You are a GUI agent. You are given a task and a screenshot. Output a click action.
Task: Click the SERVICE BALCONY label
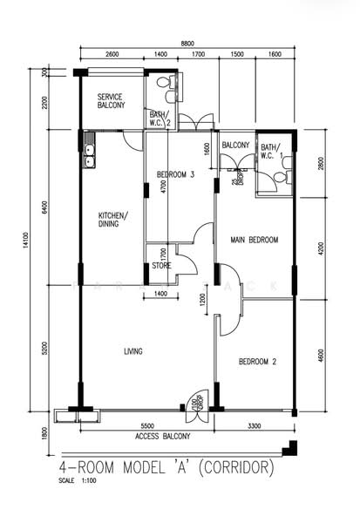click(111, 100)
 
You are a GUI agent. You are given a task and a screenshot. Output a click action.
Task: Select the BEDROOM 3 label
click(175, 175)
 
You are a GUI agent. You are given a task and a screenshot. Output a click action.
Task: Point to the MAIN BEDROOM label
click(254, 240)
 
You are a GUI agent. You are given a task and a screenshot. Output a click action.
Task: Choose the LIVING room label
click(132, 351)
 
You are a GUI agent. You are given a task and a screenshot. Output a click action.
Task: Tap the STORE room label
click(161, 266)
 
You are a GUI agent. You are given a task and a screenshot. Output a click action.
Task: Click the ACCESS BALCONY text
click(163, 435)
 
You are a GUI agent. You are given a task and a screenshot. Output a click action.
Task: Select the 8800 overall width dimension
click(187, 43)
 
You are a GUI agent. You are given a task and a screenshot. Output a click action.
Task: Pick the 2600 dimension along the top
click(112, 55)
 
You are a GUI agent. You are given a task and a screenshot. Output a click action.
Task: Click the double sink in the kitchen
click(90, 156)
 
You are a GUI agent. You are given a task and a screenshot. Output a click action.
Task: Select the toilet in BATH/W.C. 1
click(280, 177)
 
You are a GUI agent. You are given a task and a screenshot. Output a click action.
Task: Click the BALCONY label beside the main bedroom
click(235, 145)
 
